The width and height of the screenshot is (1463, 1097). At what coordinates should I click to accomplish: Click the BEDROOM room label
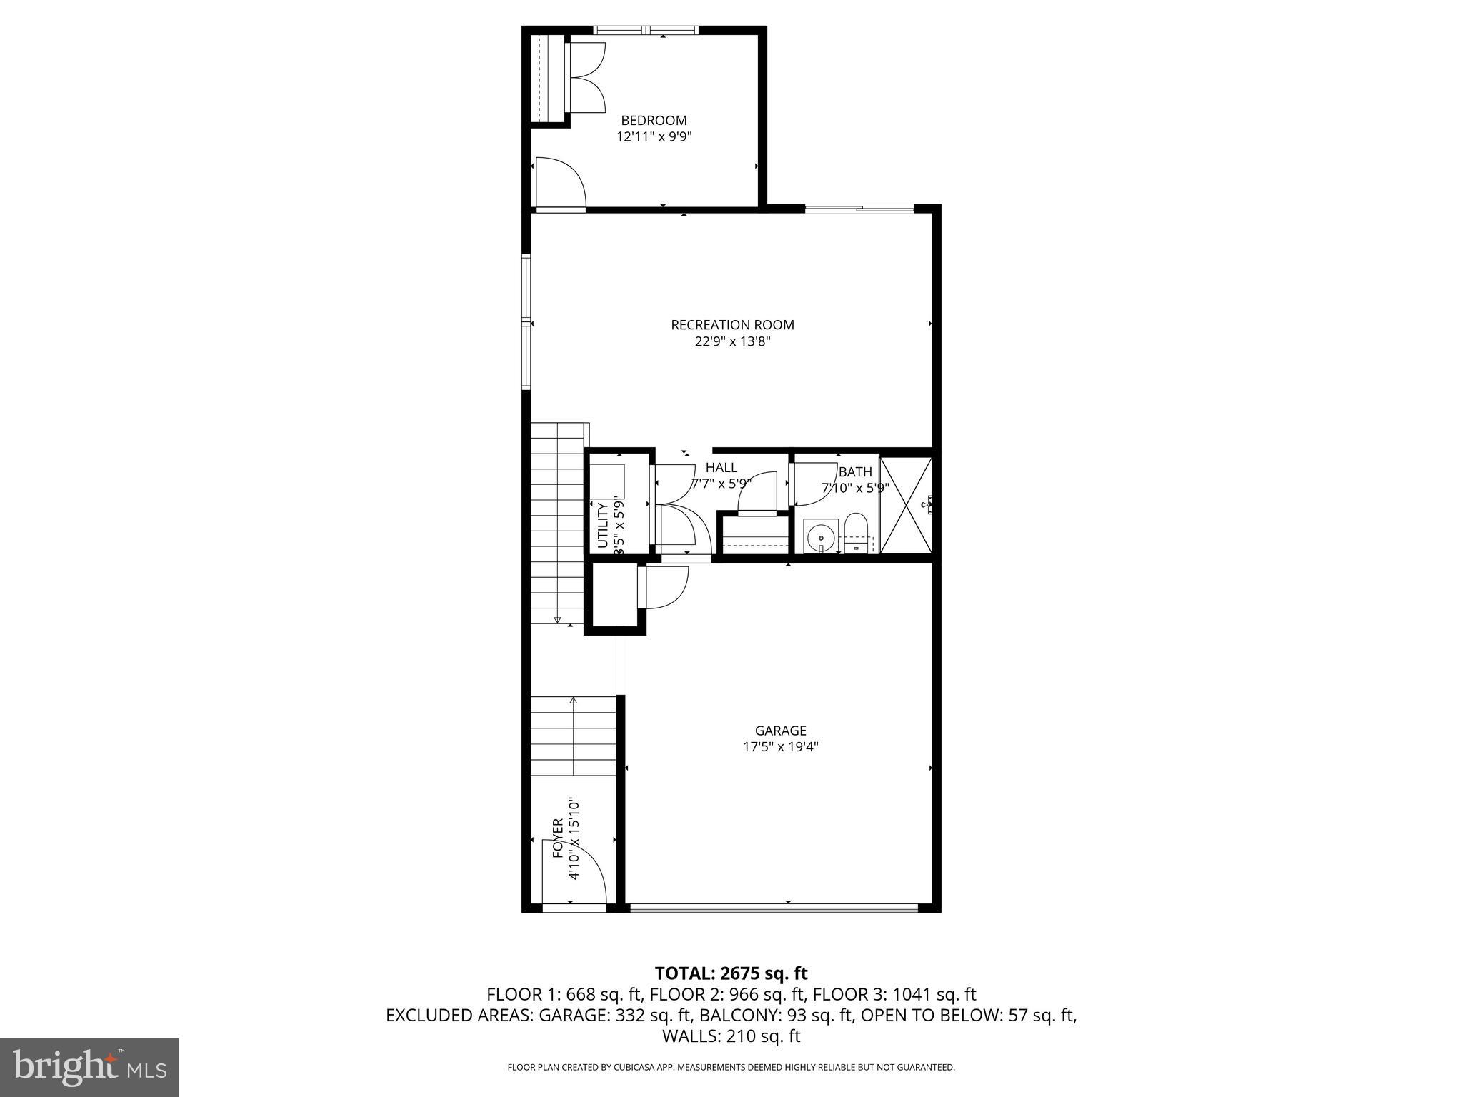tap(654, 121)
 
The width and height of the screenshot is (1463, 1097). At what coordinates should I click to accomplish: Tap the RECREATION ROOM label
tap(732, 325)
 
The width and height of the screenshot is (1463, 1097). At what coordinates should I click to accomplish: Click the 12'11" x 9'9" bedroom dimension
tap(654, 136)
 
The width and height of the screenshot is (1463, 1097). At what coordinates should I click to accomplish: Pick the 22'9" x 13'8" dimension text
tap(732, 341)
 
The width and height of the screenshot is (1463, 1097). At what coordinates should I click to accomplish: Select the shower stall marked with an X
tap(905, 505)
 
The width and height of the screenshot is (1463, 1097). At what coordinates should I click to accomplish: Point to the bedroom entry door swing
tap(560, 183)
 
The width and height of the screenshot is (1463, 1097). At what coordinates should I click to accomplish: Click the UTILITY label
tap(602, 525)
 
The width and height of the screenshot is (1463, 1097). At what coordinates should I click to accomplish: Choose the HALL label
tap(721, 468)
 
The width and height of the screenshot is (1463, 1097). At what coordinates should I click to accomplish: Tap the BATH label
tap(855, 472)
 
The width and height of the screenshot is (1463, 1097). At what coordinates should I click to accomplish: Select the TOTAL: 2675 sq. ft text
tap(731, 973)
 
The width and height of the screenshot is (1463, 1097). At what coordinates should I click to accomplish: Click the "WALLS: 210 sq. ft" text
tap(731, 1036)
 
